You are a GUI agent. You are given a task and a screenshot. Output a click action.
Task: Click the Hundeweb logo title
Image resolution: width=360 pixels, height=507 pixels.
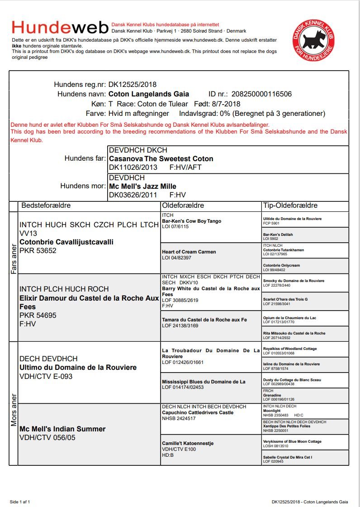pos(60,28)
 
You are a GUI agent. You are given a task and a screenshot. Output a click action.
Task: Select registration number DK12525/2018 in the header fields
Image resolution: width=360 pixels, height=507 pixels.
pos(133,84)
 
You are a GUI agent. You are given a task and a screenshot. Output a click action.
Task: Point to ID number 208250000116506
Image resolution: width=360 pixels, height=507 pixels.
pos(261,94)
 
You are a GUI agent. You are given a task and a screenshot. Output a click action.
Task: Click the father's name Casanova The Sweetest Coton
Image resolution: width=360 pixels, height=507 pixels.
pos(161,158)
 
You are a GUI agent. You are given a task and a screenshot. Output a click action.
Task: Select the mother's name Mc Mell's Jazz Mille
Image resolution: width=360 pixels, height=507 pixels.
pos(142,186)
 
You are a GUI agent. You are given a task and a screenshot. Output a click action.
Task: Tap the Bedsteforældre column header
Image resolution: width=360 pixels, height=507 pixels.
pos(46,206)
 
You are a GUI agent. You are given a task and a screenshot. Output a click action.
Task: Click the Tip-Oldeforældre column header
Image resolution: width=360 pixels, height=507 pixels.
pos(290,206)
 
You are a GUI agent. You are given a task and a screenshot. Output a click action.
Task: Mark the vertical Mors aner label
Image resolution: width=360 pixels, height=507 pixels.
pos(14,411)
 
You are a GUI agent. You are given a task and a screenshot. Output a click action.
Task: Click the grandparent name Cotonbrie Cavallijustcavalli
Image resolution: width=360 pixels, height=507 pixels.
pos(66,242)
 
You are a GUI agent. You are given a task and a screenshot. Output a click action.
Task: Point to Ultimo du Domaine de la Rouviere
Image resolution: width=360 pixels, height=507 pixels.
pos(78,367)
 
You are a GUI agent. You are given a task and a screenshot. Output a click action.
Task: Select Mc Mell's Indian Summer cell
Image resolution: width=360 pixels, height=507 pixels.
pos(62,429)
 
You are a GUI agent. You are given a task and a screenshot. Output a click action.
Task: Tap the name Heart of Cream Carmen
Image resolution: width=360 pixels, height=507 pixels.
pos(189,252)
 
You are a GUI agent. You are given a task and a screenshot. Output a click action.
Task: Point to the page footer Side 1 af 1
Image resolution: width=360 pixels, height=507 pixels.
pos(20,502)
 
